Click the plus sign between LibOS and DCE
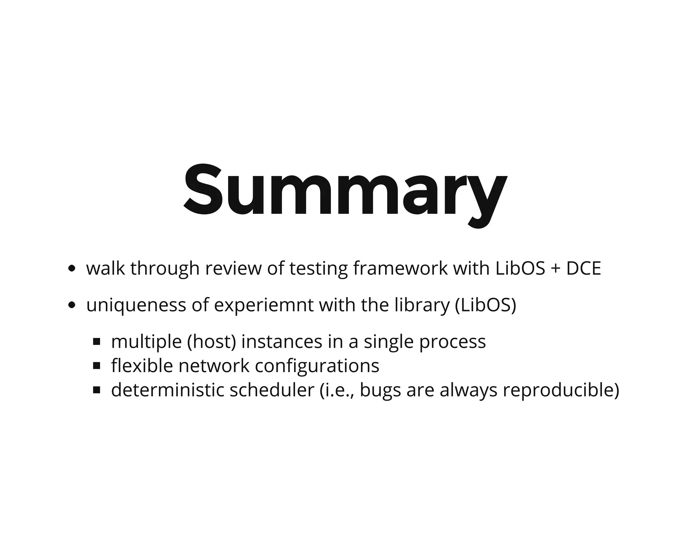click(556, 269)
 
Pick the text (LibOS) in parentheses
click(486, 306)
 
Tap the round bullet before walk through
click(71, 269)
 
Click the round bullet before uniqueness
click(71, 306)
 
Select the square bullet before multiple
click(97, 342)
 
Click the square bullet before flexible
click(97, 366)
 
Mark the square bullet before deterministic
click(97, 390)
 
